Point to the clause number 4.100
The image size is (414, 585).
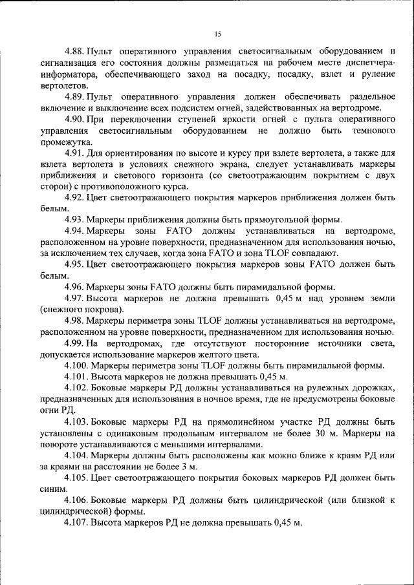pyautogui.click(x=78, y=364)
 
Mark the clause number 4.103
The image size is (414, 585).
pyautogui.click(x=78, y=421)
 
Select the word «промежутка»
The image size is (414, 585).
pyautogui.click(x=66, y=144)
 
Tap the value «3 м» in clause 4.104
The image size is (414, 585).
pyautogui.click(x=191, y=467)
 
